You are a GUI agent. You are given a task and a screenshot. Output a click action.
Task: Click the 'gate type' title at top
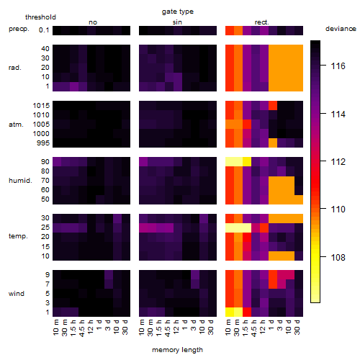[178, 12]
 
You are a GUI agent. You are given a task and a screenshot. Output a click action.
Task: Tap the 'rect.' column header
[261, 22]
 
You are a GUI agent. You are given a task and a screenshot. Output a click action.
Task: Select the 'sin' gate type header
[177, 22]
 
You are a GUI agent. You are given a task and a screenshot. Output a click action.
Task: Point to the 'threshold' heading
[40, 17]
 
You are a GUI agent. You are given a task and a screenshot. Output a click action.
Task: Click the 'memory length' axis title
[178, 350]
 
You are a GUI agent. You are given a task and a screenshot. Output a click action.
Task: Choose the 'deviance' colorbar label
[341, 29]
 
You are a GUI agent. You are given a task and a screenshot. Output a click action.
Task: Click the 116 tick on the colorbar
[338, 66]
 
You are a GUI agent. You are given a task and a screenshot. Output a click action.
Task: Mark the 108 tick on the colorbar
[338, 258]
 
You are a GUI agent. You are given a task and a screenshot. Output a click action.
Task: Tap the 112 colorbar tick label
[338, 162]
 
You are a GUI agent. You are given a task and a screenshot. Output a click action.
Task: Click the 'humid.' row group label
[20, 181]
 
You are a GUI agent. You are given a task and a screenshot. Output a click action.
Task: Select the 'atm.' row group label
[16, 125]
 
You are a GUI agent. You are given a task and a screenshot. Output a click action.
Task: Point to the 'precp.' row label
[19, 29]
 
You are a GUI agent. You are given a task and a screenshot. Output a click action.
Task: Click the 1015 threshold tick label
[41, 106]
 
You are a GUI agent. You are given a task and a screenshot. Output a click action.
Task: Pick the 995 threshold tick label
[43, 143]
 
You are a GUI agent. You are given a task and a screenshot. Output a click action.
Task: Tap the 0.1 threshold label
[44, 30]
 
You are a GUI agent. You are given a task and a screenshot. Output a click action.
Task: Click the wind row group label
[17, 294]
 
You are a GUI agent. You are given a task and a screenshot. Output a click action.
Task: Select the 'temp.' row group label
[18, 236]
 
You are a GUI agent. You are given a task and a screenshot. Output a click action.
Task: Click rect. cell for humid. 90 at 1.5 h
[247, 162]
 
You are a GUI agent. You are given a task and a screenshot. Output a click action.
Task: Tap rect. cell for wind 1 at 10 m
[230, 312]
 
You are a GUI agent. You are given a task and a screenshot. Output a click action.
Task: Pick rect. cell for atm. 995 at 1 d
[273, 143]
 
